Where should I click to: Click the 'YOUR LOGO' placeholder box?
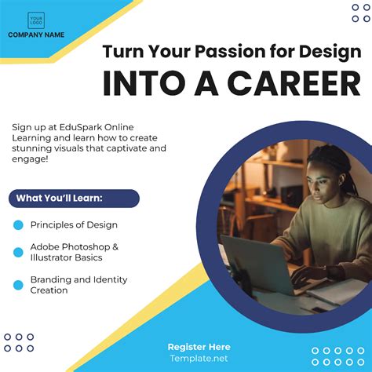[36, 20]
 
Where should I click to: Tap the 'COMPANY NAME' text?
[36, 35]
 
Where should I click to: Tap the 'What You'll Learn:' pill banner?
[74, 198]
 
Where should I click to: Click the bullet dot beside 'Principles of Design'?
[19, 225]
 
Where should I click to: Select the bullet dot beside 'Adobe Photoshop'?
[19, 252]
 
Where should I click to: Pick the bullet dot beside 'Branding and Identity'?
[19, 285]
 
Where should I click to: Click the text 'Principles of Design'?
[74, 225]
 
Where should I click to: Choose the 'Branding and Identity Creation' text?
[78, 285]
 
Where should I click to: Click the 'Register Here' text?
[199, 347]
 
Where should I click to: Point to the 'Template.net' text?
[199, 358]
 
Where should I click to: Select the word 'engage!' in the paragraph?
[31, 159]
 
